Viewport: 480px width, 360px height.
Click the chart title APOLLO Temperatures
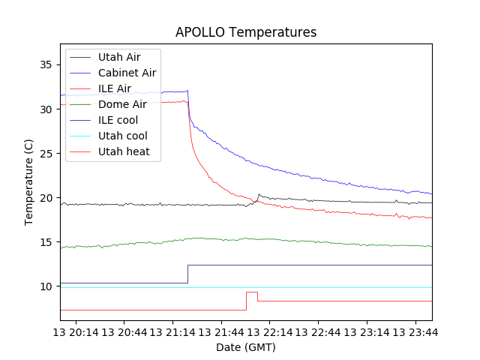point(246,32)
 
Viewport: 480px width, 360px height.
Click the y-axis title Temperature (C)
point(28,182)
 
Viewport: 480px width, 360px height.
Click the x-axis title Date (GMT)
point(246,347)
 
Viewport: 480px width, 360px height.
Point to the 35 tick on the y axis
point(46,64)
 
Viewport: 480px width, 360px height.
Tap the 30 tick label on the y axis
point(46,109)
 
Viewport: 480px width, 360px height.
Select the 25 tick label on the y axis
point(46,154)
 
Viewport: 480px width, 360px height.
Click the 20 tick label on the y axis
point(46,198)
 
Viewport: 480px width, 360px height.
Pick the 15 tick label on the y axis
point(46,242)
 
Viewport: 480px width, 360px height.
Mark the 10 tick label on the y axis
point(46,286)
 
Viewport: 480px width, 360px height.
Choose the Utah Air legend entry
point(118,57)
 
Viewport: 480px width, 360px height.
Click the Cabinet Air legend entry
point(127,73)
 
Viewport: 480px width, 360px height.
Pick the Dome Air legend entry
point(122,104)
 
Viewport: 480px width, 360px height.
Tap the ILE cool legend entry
point(118,120)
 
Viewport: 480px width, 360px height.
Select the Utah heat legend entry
point(124,151)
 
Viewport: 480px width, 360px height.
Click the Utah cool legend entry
point(122,136)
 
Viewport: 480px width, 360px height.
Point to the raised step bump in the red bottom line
point(252,292)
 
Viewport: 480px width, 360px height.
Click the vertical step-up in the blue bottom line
point(187,274)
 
